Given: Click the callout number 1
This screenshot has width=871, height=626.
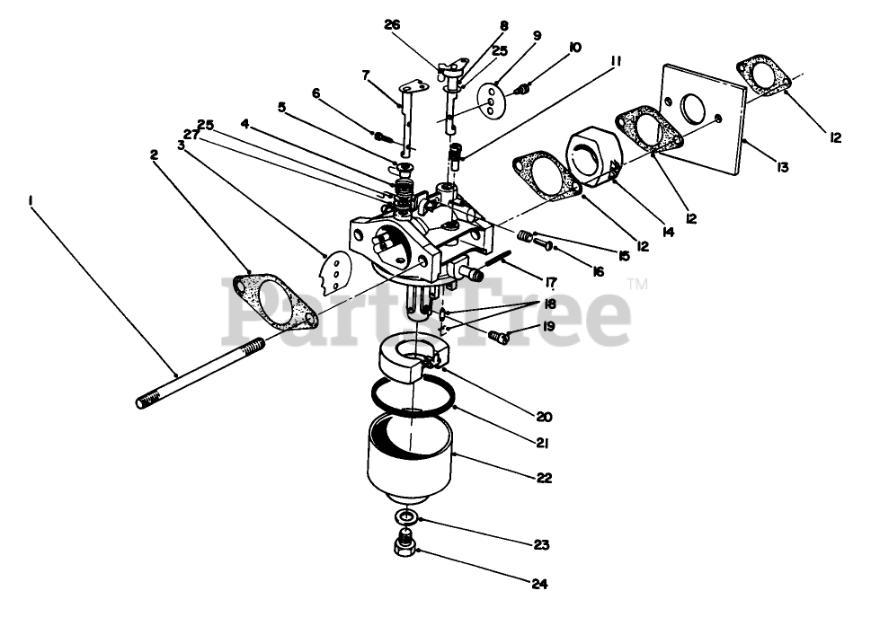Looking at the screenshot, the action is (31, 203).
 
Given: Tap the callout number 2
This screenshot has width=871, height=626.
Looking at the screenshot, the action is (155, 154).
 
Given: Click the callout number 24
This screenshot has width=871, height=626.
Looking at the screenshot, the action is (538, 584).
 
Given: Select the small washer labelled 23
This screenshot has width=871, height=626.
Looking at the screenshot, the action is (406, 518).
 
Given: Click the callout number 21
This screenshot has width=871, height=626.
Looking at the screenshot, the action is (542, 442).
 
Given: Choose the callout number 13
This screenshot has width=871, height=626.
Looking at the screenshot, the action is (783, 167).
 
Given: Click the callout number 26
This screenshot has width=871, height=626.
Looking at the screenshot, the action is (392, 24).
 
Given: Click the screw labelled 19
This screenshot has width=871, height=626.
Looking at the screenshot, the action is (500, 337).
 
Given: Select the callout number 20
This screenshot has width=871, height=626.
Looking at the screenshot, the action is (543, 416).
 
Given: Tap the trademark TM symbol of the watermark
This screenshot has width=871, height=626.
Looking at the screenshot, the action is (636, 284).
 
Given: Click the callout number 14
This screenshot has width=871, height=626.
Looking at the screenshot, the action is (668, 232).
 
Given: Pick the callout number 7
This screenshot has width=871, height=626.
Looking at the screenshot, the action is (366, 75).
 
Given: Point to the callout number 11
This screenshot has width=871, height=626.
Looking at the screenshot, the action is (615, 62).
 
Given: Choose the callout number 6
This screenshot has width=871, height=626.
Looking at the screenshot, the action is (316, 93).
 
